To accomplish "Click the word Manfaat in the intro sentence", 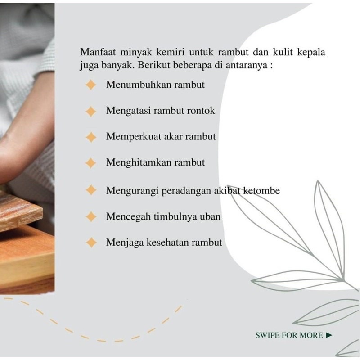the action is click(98, 52).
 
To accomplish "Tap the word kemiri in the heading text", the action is click(171, 52).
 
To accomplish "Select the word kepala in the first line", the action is click(311, 53).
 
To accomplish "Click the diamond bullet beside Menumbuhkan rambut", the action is click(91, 85).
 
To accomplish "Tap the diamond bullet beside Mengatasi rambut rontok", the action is click(91, 111).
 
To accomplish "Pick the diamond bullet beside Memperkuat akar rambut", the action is click(91, 137).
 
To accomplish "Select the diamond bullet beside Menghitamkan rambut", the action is click(91, 163).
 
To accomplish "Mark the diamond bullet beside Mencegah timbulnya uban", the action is click(91, 216).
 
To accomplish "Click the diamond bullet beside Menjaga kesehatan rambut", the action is click(91, 243).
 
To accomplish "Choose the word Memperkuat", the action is click(134, 137).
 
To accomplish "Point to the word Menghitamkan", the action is click(139, 162).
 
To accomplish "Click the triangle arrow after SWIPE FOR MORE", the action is click(329, 335).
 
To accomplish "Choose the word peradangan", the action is click(186, 191).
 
